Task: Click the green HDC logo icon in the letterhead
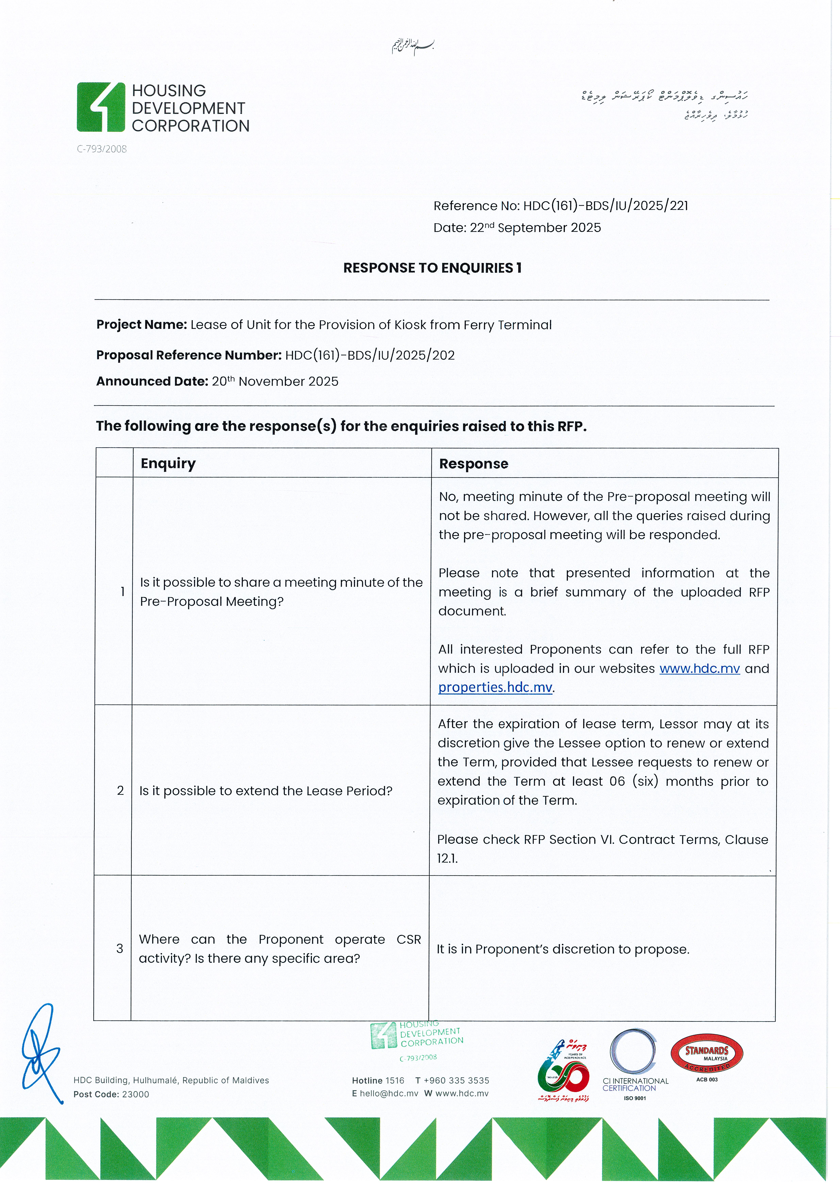coord(101,107)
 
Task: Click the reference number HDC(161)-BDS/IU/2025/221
coord(605,206)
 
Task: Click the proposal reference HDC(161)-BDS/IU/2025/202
coord(370,355)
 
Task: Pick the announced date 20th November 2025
coord(275,381)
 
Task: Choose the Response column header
coord(473,464)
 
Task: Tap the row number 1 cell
coord(122,591)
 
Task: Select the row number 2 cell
coord(120,791)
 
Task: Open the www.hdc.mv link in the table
coord(699,669)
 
